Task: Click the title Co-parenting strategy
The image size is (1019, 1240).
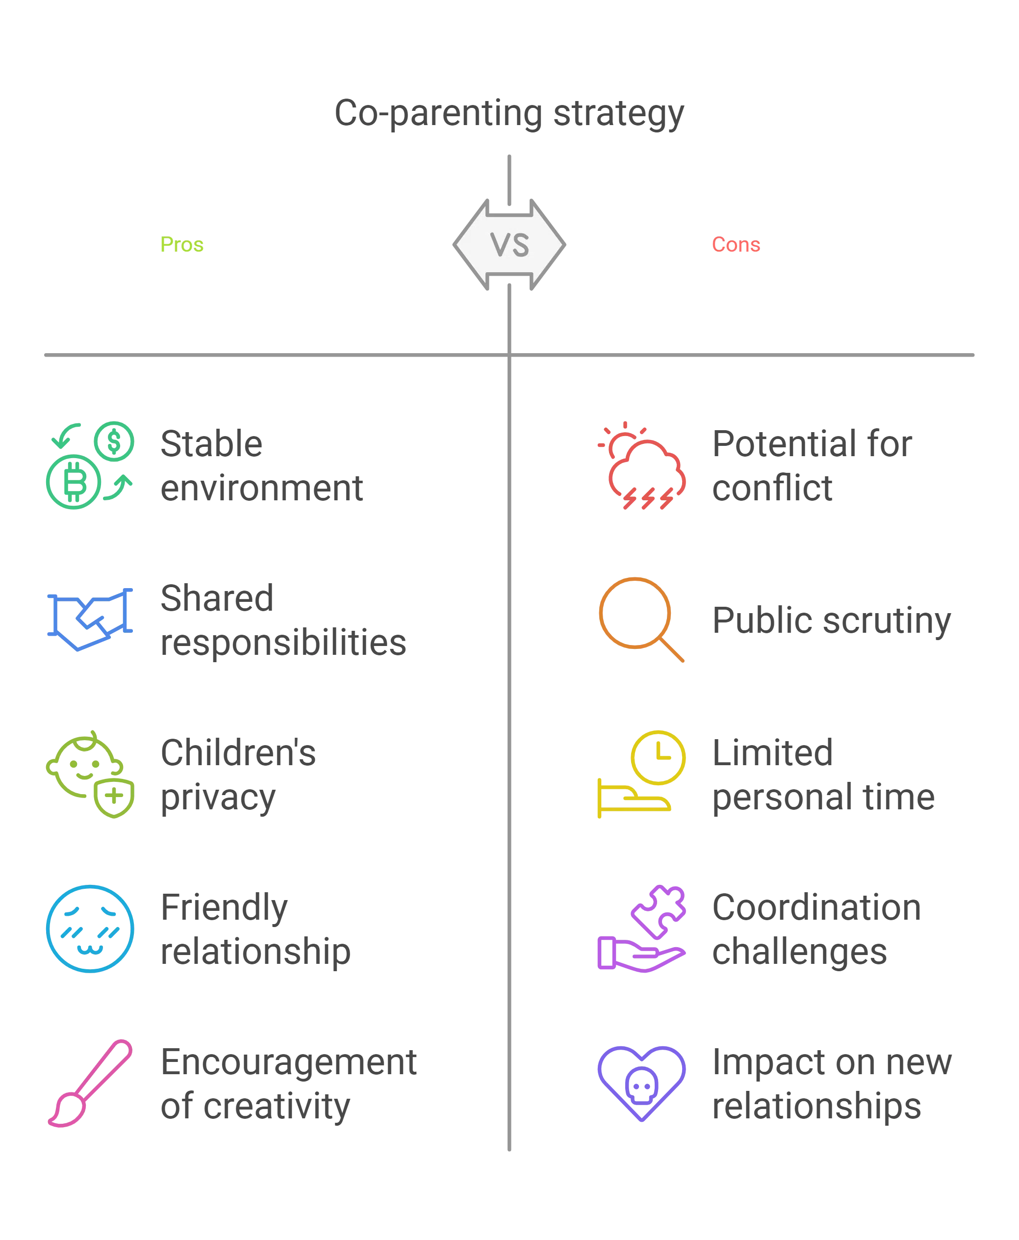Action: (509, 113)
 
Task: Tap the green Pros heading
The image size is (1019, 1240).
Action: (182, 245)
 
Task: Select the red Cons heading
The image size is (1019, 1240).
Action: (735, 245)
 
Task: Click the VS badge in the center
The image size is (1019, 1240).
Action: (509, 245)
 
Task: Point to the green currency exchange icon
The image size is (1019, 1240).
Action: (90, 465)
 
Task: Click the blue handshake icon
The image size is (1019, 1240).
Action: (90, 619)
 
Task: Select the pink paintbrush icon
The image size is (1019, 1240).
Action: (90, 1083)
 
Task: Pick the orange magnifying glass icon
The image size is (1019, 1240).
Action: (641, 619)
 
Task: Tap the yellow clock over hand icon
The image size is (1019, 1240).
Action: (641, 774)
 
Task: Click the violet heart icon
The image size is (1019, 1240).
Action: (641, 1083)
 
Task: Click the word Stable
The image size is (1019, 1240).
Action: (211, 444)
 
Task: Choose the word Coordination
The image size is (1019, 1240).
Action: (816, 908)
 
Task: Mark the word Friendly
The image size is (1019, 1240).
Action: (225, 908)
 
